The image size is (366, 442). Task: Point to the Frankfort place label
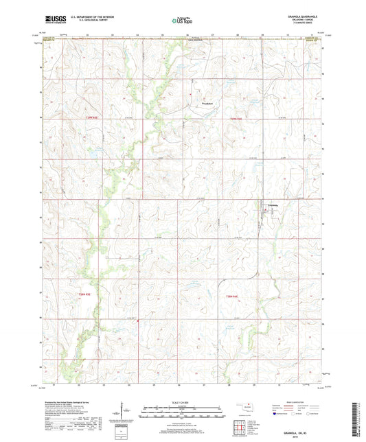pos(209,104)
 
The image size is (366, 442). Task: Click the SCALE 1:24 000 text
pos(183,402)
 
